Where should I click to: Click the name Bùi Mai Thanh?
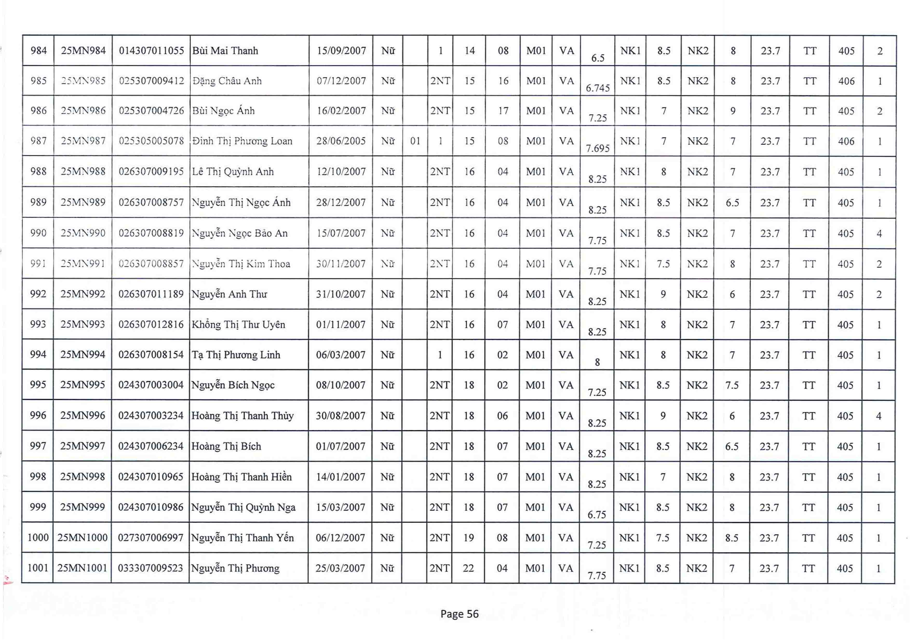click(225, 51)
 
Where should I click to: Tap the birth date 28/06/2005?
click(341, 141)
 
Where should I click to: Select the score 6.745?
click(598, 88)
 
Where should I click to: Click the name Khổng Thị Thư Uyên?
click(239, 324)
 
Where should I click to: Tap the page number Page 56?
click(460, 614)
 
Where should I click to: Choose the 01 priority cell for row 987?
click(415, 141)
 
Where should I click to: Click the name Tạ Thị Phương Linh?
click(236, 354)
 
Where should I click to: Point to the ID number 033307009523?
click(150, 568)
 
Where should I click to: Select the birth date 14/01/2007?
click(340, 477)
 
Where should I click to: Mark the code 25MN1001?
click(82, 568)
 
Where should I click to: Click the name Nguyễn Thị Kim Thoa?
click(241, 264)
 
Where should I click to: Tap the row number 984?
click(38, 51)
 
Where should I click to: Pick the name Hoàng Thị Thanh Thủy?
click(242, 416)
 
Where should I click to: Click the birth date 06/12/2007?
click(340, 538)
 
